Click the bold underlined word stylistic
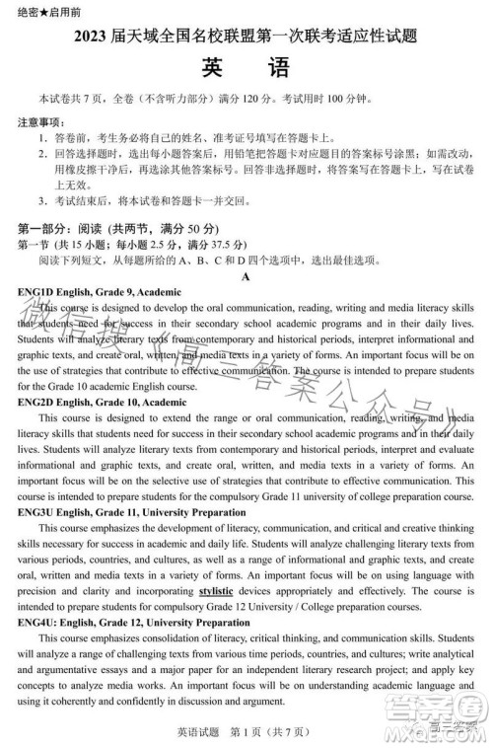click(216, 590)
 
